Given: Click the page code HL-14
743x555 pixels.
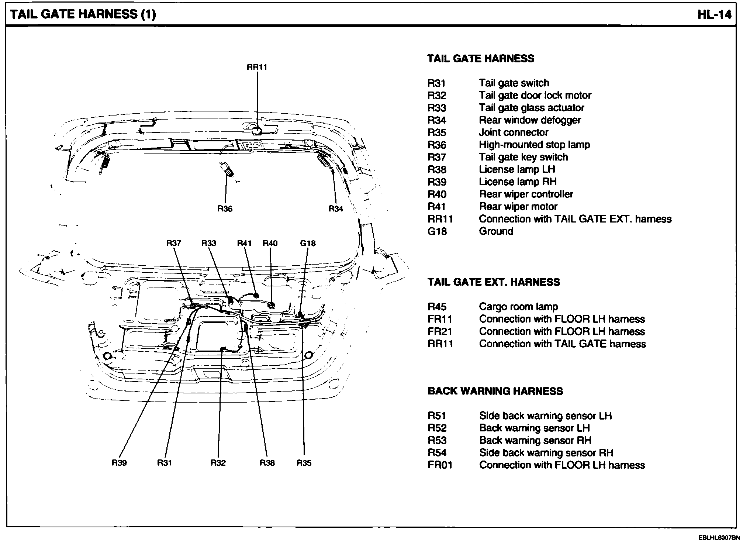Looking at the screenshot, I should (714, 15).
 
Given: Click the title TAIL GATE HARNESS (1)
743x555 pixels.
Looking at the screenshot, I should (83, 14).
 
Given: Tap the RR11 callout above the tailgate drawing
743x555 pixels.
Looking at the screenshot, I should (257, 67).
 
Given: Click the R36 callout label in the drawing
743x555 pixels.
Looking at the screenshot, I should (225, 209).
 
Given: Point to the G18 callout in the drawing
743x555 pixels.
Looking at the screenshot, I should (308, 243).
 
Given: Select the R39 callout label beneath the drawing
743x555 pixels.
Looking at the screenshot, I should (119, 463).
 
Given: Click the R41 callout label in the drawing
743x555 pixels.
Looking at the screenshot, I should (244, 243).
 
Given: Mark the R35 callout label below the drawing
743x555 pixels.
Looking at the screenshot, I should (304, 463).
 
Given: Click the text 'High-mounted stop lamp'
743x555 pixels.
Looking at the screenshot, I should (534, 145).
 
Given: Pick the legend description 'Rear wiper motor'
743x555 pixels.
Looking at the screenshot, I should (518, 207).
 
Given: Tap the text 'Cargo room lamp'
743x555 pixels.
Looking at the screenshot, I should (518, 307).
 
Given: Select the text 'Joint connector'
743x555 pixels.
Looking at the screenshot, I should (514, 132).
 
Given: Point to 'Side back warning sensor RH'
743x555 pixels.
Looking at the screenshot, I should (546, 453).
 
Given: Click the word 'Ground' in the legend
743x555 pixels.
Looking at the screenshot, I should (496, 231).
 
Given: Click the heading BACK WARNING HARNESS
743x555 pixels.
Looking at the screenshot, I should (495, 391).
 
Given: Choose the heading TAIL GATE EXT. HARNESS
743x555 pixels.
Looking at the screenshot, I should (494, 282).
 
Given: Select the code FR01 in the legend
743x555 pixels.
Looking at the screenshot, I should (440, 465).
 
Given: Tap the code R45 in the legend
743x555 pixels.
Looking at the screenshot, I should (437, 307).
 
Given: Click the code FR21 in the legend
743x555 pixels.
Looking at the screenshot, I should (440, 331).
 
